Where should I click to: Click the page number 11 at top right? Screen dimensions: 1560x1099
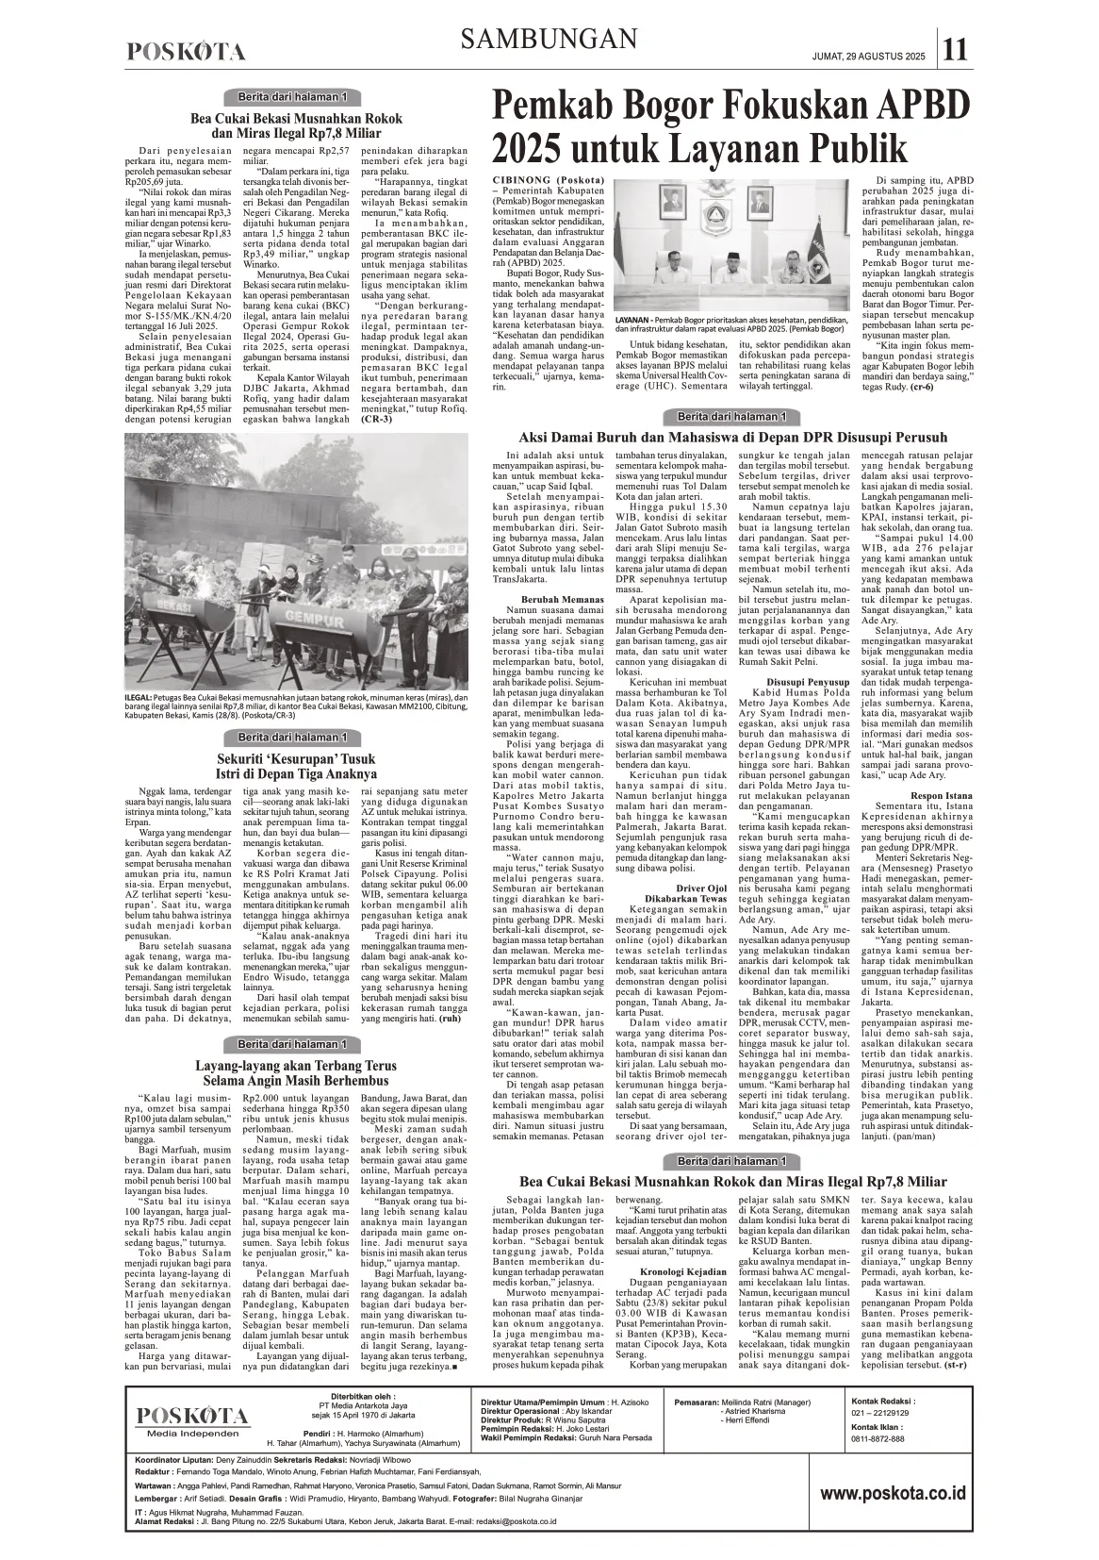955,46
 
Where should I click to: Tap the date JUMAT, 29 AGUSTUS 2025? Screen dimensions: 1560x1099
867,58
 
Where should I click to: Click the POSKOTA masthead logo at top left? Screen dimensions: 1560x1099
187,53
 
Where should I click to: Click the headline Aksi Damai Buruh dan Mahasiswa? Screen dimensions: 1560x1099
732,438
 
